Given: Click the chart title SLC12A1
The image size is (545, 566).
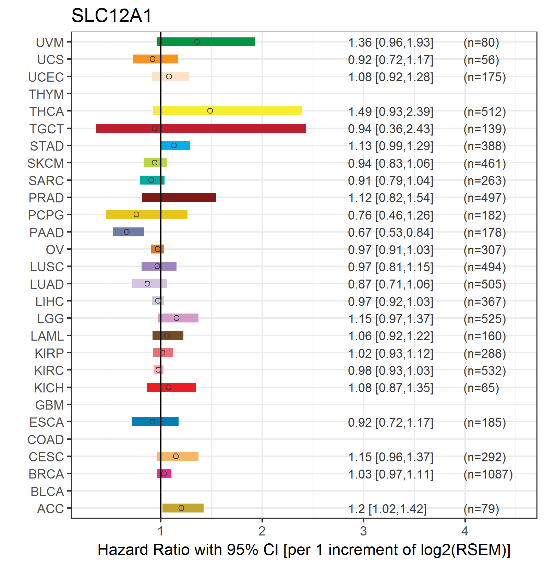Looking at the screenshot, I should (111, 16).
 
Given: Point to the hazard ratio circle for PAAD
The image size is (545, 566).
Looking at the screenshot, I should (127, 232).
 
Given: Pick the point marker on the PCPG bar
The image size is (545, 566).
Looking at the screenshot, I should (136, 214).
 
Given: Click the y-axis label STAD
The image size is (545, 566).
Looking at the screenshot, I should (47, 146).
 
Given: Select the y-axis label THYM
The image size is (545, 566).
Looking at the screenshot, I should (46, 94).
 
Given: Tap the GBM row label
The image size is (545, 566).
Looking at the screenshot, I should (50, 405).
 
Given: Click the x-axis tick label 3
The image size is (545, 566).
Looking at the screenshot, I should (363, 531).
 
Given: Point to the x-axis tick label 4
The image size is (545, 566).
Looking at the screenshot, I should (465, 531).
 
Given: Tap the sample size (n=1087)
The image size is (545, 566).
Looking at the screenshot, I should (488, 474).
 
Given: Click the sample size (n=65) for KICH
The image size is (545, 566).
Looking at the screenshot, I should (481, 388).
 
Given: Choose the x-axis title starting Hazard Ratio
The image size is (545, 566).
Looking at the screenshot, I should (304, 550).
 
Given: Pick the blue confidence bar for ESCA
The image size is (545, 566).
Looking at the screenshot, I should (155, 422).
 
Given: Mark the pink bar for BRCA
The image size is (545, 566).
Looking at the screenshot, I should (165, 473).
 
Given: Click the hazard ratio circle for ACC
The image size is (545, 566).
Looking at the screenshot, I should (181, 508).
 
